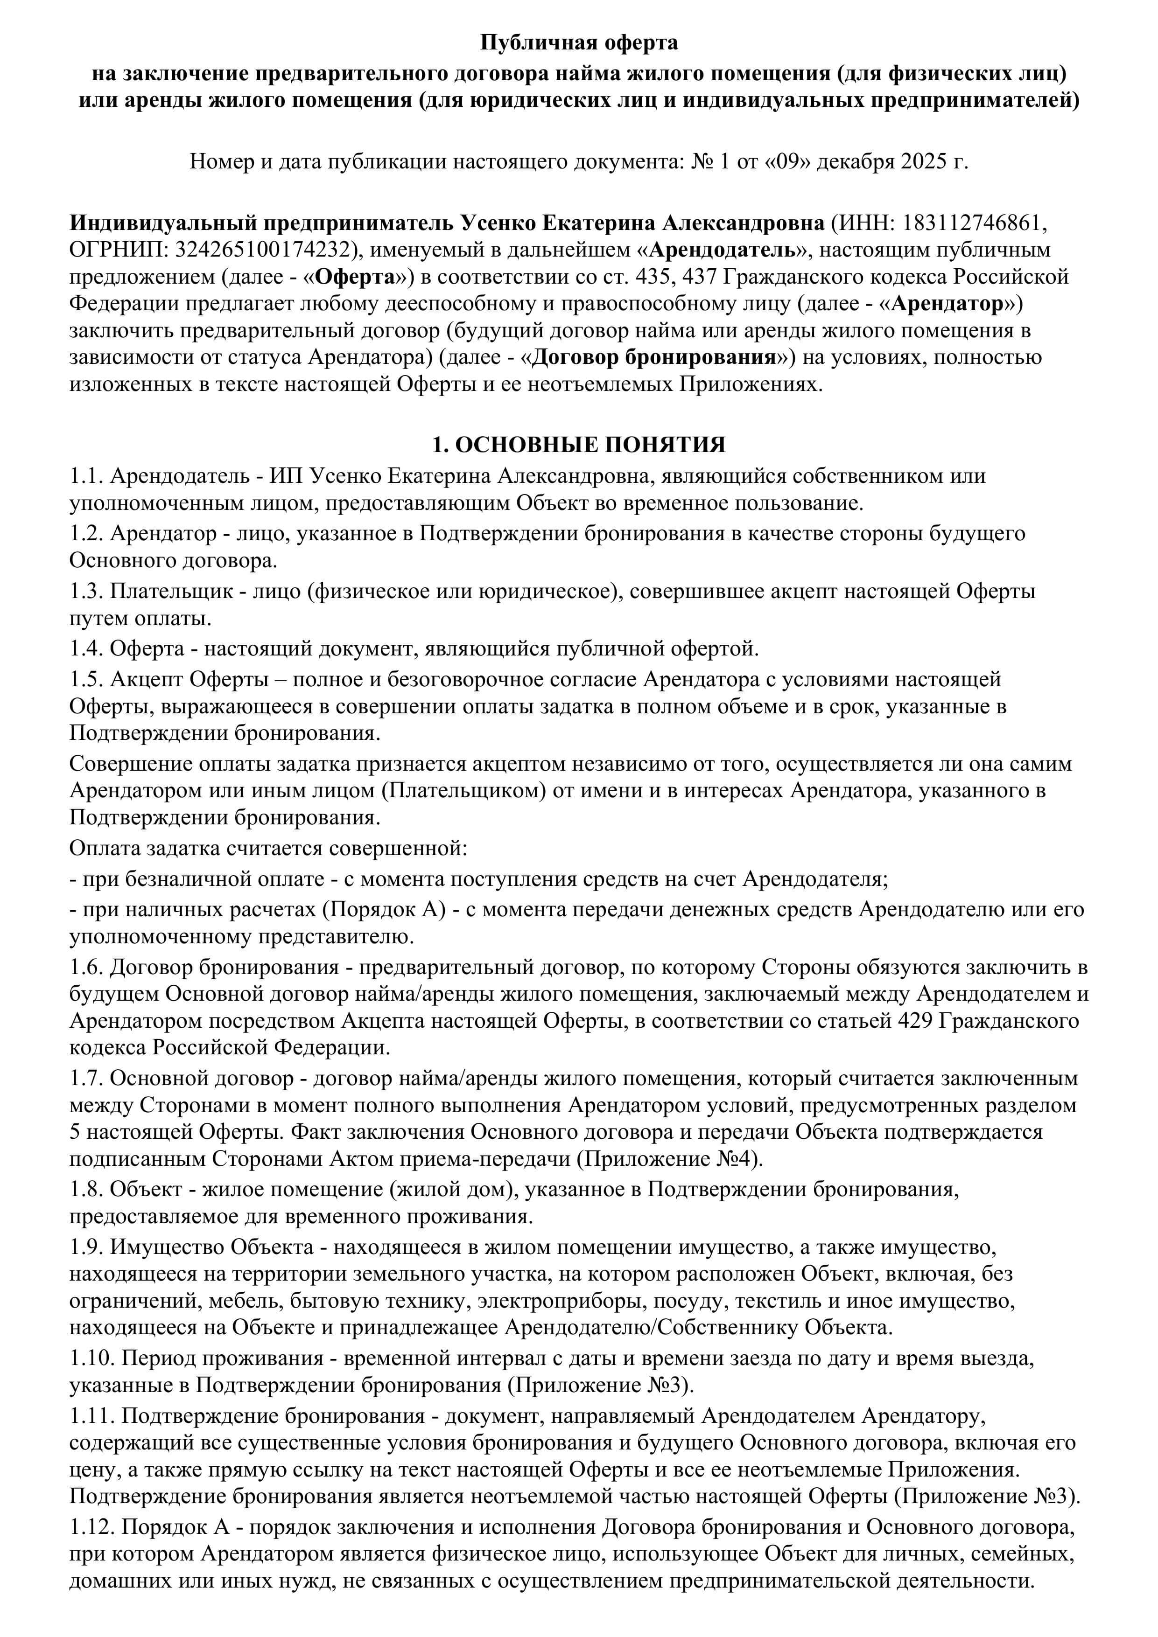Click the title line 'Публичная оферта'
click(x=579, y=43)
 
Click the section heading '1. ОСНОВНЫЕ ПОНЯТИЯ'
click(x=579, y=445)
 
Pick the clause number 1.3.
click(x=87, y=591)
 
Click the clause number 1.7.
click(x=87, y=1078)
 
